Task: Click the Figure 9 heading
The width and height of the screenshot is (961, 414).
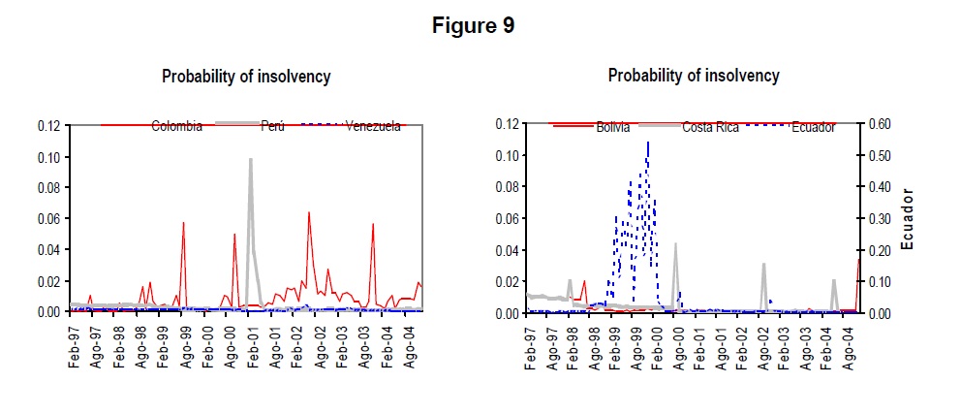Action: click(x=473, y=26)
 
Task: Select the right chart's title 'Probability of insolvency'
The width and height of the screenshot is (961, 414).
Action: click(x=694, y=76)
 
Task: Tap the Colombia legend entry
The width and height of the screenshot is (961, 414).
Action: click(x=176, y=126)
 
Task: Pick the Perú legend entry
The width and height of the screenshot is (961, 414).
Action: click(x=272, y=126)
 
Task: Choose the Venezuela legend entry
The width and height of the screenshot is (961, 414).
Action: click(x=372, y=126)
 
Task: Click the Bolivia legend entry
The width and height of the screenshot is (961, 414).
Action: click(x=610, y=127)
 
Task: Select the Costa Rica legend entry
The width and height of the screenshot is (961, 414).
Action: click(x=718, y=127)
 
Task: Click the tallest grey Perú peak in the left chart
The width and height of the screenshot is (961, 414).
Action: click(x=250, y=160)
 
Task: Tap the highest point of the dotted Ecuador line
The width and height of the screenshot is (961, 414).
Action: click(x=647, y=143)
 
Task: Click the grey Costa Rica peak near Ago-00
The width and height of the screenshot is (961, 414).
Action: click(x=676, y=244)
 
